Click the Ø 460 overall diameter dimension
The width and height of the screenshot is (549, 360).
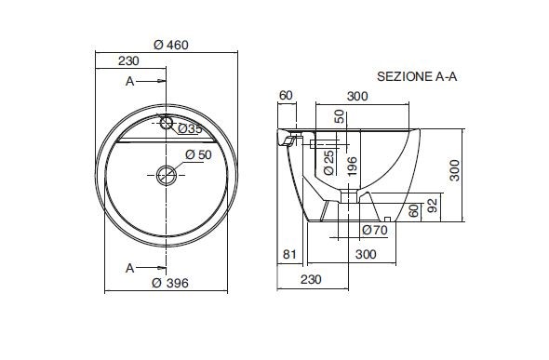coord(171,45)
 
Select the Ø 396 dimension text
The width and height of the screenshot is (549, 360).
coord(170,283)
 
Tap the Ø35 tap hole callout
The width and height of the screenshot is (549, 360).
coord(190,129)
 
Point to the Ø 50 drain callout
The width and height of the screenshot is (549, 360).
coord(198,154)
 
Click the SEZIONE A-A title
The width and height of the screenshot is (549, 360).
coord(417,76)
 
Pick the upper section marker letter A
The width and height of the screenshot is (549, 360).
coord(129,81)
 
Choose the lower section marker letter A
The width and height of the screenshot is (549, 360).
coord(129,268)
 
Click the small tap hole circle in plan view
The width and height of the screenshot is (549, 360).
coord(167,123)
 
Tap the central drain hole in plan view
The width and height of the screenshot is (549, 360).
coord(167,175)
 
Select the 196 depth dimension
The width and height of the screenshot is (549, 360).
coord(353,167)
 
